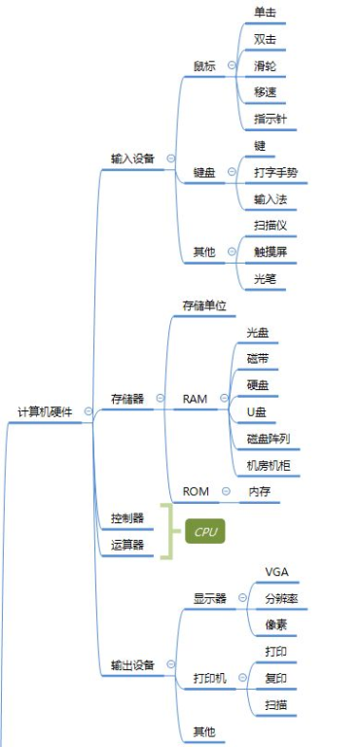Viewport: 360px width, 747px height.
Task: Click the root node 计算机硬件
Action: pos(46,411)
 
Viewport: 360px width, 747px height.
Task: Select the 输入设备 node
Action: pos(132,158)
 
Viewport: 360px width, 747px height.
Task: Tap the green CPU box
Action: pos(205,532)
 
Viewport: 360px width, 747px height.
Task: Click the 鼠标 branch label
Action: pos(205,66)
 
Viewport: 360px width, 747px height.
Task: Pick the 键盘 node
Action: pos(205,171)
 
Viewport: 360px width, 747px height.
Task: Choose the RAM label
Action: pos(195,399)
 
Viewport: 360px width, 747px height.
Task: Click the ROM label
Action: pos(196,490)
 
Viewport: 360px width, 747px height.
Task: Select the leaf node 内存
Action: pos(260,490)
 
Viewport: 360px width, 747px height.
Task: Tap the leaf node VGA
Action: pos(277,571)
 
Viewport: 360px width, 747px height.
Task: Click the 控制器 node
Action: pos(127,517)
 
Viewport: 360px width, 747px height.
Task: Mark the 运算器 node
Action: pos(127,546)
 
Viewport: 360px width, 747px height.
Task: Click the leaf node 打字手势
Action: pos(275,172)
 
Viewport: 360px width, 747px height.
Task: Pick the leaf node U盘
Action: pos(257,411)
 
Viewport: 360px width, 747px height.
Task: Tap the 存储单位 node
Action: pos(204,305)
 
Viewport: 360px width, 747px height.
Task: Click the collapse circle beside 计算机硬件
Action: pos(89,411)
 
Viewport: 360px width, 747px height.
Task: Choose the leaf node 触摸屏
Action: pos(270,252)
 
